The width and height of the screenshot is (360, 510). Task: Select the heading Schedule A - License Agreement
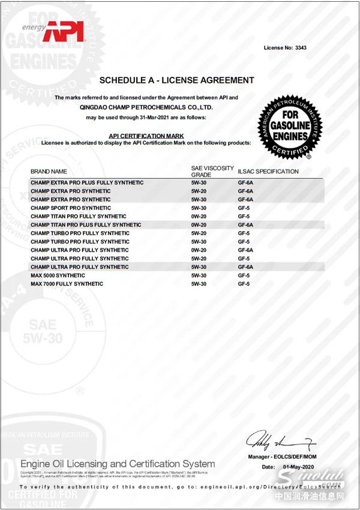176,80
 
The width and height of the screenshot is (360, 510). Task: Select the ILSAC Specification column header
268,172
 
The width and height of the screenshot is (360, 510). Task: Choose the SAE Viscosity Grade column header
212,172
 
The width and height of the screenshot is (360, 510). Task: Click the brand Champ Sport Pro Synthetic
71,208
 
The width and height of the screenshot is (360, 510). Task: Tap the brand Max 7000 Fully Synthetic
67,284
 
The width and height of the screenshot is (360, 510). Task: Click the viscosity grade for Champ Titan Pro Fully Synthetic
199,216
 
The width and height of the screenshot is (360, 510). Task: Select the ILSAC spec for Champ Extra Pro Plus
245,182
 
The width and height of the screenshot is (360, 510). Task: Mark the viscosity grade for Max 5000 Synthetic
199,275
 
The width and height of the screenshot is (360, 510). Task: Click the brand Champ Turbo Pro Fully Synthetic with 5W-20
80,233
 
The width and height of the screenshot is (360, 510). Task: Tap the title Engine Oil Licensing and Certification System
118,464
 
